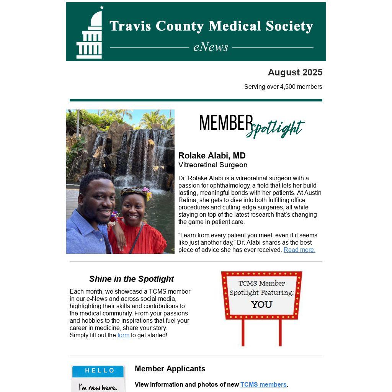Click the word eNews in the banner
[x=211, y=47]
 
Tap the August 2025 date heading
[x=295, y=72]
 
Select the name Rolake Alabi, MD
[x=212, y=155]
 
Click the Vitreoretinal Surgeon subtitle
[x=212, y=165]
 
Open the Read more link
[x=299, y=250]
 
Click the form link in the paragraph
[x=123, y=335]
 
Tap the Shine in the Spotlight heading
[x=131, y=279]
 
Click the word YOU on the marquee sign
[x=261, y=305]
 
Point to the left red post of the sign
[x=243, y=332]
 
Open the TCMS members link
[x=263, y=384]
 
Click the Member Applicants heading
[x=170, y=369]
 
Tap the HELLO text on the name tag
[x=100, y=371]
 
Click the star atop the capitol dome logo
[x=102, y=7]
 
